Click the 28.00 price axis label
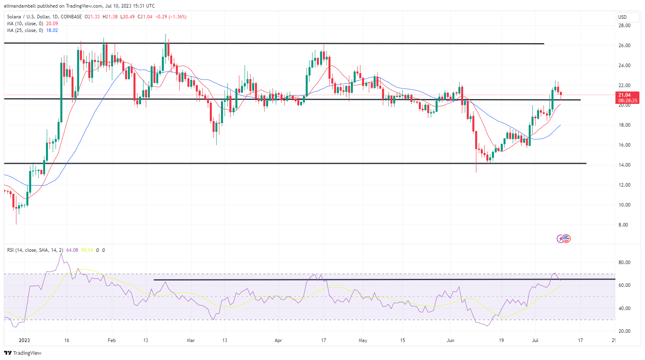[x=624, y=26]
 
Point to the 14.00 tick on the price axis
[x=624, y=165]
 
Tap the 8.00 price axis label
[x=623, y=225]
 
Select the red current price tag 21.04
[x=625, y=95]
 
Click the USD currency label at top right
[x=622, y=17]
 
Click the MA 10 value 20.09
[x=52, y=24]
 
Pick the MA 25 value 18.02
[x=52, y=30]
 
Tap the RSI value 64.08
[x=72, y=250]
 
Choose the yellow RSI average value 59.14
[x=87, y=250]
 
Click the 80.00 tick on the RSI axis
[x=624, y=263]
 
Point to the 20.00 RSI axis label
[x=624, y=331]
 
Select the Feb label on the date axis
[x=111, y=340]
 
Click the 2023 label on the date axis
[x=24, y=340]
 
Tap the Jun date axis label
[x=450, y=340]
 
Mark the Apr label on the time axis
[x=278, y=340]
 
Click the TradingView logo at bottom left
[x=23, y=353]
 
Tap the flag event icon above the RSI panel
[x=566, y=239]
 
